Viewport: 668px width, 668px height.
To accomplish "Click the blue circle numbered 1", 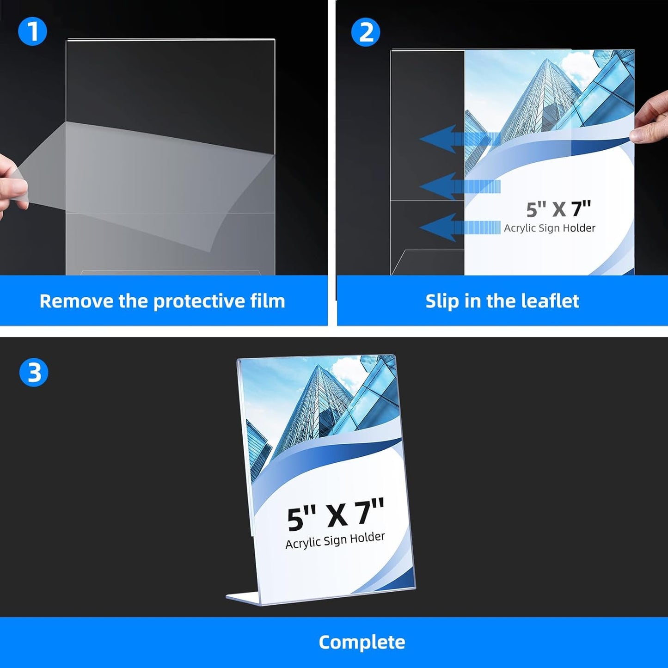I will pyautogui.click(x=32, y=31).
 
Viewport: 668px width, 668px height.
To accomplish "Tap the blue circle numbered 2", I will pyautogui.click(x=365, y=32).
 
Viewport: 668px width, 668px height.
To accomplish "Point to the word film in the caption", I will pyautogui.click(x=267, y=301).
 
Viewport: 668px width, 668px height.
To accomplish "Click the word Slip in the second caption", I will pyautogui.click(x=441, y=301).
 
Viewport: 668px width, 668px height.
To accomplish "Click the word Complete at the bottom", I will pyautogui.click(x=362, y=642).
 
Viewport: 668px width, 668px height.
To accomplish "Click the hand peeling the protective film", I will pyautogui.click(x=12, y=185).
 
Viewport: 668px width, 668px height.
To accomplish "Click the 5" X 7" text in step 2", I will pyautogui.click(x=558, y=209).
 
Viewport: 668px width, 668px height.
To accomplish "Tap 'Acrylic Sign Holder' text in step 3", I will pyautogui.click(x=335, y=540).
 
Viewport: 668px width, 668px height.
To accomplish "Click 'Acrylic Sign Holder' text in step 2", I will pyautogui.click(x=549, y=228).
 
